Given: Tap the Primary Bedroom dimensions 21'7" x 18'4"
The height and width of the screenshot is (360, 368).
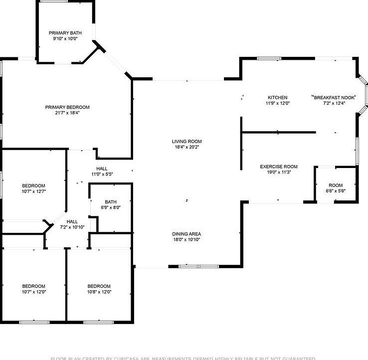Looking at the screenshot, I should tap(67, 113).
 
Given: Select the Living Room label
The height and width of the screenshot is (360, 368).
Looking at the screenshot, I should tap(187, 142).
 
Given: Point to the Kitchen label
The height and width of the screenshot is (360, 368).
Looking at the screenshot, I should tap(278, 98).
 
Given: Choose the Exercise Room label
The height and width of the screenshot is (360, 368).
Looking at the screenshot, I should tap(279, 167).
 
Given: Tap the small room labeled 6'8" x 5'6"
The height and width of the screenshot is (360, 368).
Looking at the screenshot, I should tap(336, 188).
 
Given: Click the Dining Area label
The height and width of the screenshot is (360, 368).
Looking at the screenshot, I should tap(187, 234).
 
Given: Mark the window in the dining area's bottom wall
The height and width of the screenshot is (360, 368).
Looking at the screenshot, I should tap(198, 266).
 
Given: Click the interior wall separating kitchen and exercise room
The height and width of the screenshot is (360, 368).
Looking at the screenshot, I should tap(278, 132).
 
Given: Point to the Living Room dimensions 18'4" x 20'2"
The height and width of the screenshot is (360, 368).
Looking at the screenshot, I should tap(187, 147).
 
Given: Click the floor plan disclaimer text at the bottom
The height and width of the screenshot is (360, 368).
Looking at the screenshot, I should tap(184, 358).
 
